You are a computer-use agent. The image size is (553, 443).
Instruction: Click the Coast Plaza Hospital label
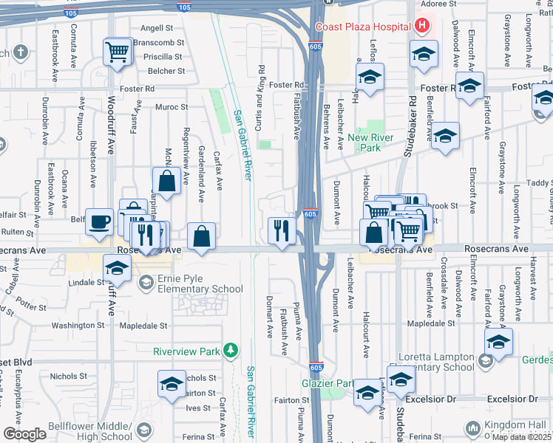tap(363, 27)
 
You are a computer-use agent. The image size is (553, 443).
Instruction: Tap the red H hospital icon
tap(422, 27)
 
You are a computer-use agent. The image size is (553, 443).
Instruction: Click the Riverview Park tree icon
tap(231, 349)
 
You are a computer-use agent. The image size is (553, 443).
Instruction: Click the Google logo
tap(24, 434)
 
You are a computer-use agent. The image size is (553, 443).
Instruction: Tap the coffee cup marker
tap(99, 221)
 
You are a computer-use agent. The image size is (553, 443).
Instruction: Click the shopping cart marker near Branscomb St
tap(118, 52)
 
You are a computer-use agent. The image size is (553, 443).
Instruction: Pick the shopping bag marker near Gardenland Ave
tap(201, 236)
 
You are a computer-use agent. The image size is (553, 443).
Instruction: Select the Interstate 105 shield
tap(184, 7)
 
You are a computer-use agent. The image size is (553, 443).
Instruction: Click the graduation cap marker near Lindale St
tap(117, 269)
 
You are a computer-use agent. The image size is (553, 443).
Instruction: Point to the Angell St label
tap(157, 28)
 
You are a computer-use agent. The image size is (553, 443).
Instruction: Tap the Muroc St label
tap(172, 107)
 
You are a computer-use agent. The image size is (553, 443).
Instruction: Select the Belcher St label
tap(166, 71)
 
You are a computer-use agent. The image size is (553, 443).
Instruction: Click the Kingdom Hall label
tap(518, 425)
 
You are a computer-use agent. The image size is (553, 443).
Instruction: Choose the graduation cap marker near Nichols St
tap(172, 384)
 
